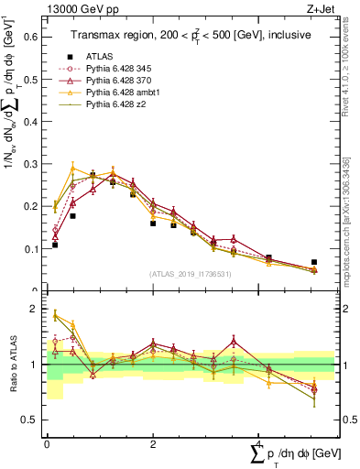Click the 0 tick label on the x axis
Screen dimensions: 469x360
[x=47, y=443]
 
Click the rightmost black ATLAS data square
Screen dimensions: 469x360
[x=313, y=262]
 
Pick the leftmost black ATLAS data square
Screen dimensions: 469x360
[x=55, y=245]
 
